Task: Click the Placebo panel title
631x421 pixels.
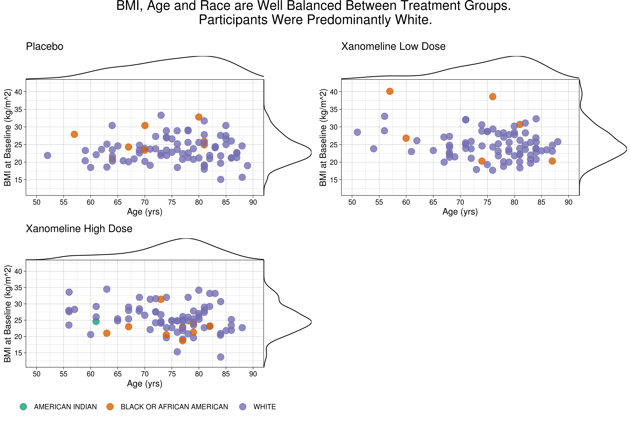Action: pyautogui.click(x=45, y=46)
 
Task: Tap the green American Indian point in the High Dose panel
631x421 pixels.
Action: pyautogui.click(x=96, y=321)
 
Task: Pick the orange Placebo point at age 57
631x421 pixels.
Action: pyautogui.click(x=74, y=134)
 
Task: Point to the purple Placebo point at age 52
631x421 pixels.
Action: pyautogui.click(x=47, y=155)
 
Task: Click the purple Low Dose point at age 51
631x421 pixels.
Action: pyautogui.click(x=357, y=132)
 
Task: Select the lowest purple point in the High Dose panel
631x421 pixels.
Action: pyautogui.click(x=220, y=357)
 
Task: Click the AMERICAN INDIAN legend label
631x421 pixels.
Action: pyautogui.click(x=65, y=407)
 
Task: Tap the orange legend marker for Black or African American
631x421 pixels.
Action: pyautogui.click(x=110, y=407)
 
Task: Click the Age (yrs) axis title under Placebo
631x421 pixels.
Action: pyautogui.click(x=145, y=212)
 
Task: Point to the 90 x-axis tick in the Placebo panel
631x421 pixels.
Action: pyautogui.click(x=253, y=202)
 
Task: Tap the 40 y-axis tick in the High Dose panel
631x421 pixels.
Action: pyautogui.click(x=18, y=271)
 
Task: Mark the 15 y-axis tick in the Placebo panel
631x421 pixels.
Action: pyautogui.click(x=18, y=180)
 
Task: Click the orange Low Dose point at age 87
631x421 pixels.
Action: pyautogui.click(x=552, y=161)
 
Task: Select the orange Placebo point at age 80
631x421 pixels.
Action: pyautogui.click(x=199, y=117)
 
